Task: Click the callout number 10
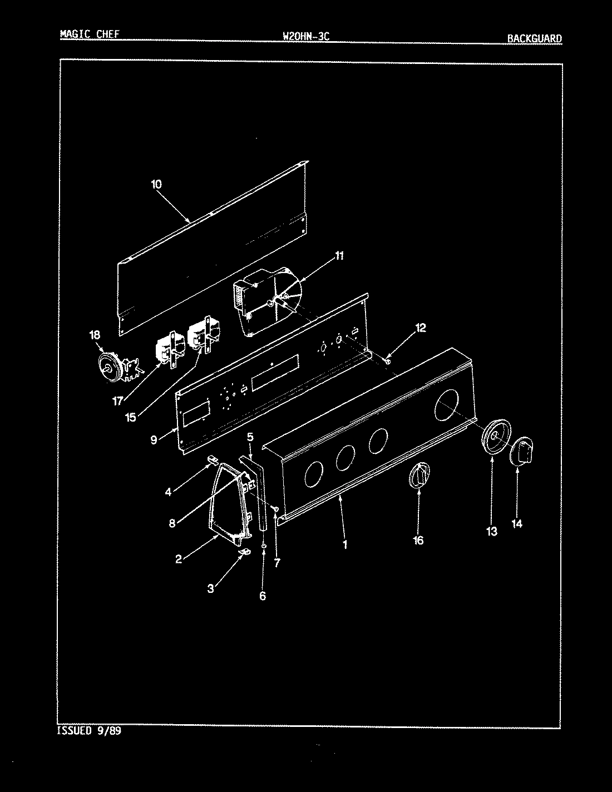[x=156, y=184]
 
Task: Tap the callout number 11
[x=339, y=256]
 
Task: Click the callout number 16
[x=418, y=540]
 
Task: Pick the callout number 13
[x=492, y=532]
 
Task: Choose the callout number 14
[x=517, y=523]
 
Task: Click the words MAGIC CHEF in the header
[x=89, y=34]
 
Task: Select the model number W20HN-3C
[x=307, y=37]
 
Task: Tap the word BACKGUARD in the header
[x=534, y=38]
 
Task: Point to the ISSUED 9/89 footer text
[x=89, y=730]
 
